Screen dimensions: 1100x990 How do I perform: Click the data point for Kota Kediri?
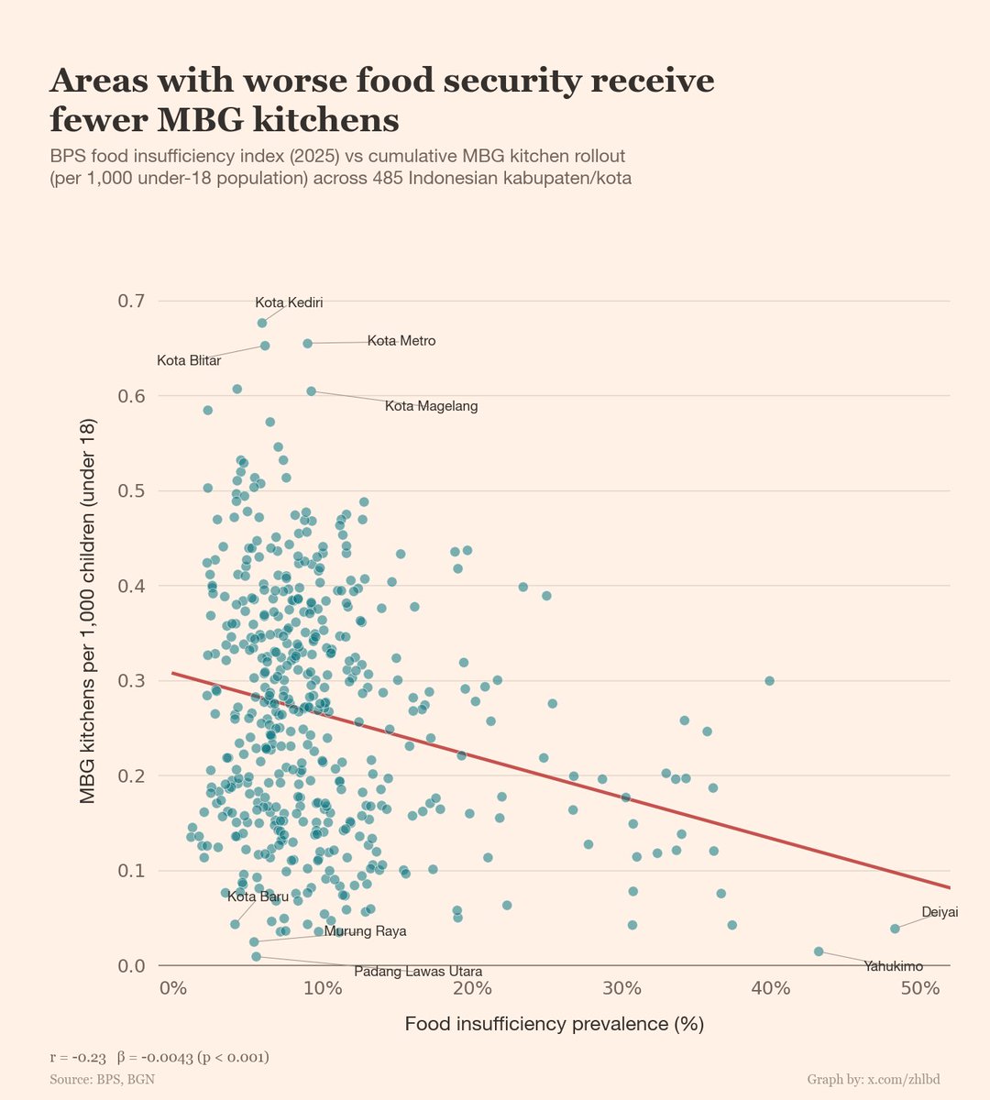point(262,323)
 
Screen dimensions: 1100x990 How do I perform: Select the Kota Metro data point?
point(307,343)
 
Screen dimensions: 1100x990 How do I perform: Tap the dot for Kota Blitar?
point(265,346)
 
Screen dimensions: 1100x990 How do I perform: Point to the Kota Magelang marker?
point(311,390)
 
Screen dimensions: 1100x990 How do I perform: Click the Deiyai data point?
point(895,929)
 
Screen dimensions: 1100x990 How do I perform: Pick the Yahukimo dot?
point(819,951)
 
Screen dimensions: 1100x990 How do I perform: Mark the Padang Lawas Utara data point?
point(256,956)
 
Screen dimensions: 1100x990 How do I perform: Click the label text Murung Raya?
point(365,931)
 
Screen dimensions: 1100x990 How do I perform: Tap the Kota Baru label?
point(258,896)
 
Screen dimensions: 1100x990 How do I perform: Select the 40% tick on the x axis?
point(770,987)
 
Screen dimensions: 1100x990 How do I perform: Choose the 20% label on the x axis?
point(471,987)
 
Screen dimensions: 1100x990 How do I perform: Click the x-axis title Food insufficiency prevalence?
point(554,1024)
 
